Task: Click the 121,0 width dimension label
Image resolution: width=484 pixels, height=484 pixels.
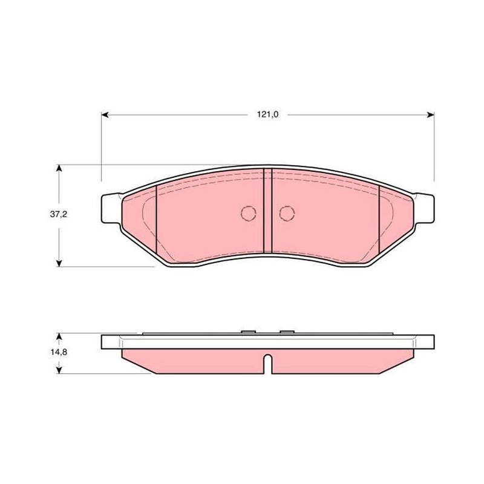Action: point(267,114)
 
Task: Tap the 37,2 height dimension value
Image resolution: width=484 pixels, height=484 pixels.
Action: point(59,214)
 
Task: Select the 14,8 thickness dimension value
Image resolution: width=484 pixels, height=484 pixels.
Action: point(59,352)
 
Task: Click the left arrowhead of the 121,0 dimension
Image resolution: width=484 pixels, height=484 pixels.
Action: point(105,115)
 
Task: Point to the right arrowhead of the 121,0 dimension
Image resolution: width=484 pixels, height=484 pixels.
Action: point(431,115)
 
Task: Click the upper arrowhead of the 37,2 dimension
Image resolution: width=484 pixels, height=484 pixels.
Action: point(59,168)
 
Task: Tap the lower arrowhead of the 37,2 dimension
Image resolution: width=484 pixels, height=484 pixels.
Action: point(59,263)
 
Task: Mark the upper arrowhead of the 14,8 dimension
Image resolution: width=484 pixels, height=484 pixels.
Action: point(59,336)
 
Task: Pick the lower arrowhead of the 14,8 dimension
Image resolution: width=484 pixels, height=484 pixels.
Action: point(59,370)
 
